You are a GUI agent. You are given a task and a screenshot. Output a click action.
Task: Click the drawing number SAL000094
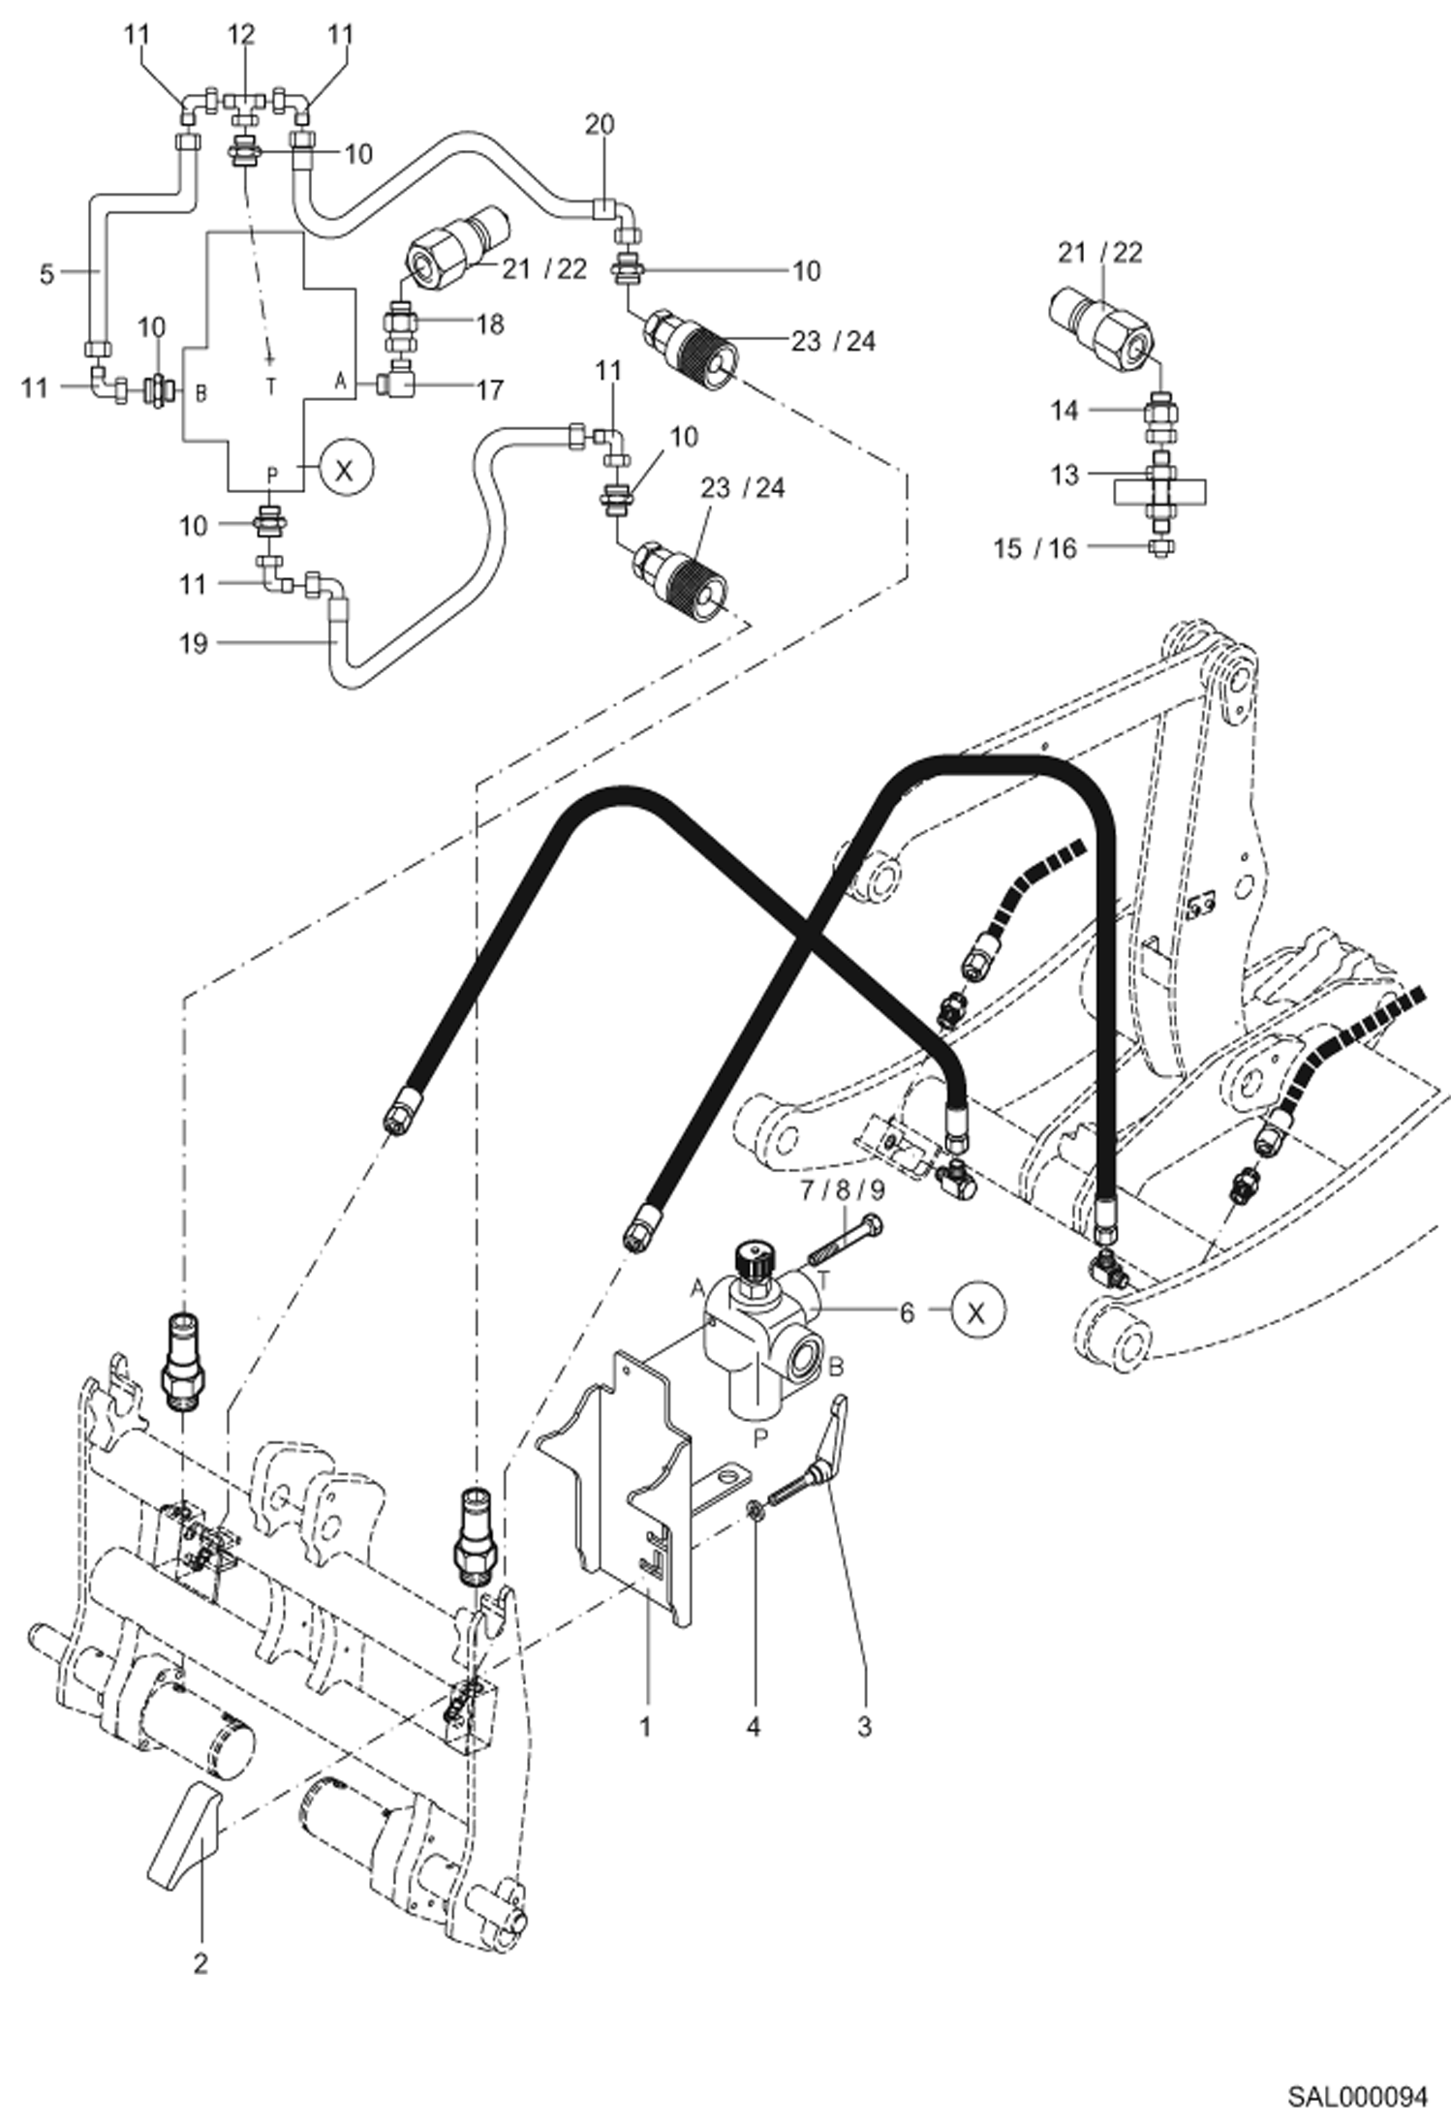point(1357,2097)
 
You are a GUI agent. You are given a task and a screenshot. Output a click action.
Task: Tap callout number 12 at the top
point(241,34)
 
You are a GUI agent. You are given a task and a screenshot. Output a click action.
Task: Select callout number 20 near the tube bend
point(600,124)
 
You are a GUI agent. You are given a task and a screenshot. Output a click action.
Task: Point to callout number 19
point(194,642)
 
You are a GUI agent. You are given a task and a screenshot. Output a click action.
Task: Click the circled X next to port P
point(345,470)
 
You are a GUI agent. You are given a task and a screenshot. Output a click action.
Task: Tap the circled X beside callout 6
point(977,1311)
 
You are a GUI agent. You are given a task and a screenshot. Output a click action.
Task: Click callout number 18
point(490,323)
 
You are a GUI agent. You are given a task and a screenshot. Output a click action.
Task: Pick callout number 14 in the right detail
point(1064,410)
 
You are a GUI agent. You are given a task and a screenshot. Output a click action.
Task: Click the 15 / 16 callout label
point(1034,548)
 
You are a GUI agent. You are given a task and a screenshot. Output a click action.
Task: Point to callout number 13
point(1064,475)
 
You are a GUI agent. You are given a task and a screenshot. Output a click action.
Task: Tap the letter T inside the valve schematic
point(271,386)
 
